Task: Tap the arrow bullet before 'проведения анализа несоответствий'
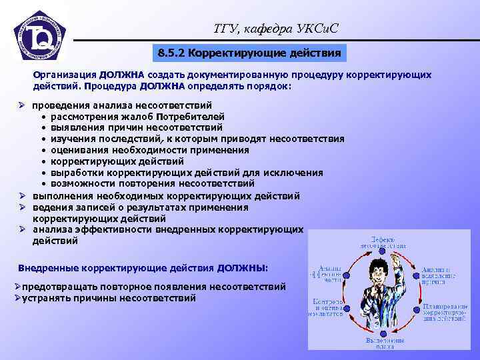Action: (x=22, y=105)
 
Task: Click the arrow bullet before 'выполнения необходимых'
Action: (x=22, y=196)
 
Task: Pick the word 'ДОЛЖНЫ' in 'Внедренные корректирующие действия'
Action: (x=241, y=267)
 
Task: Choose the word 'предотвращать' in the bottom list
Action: (x=59, y=287)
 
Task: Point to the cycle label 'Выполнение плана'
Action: (x=384, y=344)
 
